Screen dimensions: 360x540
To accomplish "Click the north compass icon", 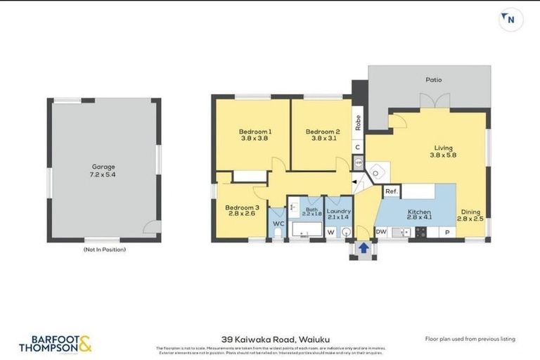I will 510,19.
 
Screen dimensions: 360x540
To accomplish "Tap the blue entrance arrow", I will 364,247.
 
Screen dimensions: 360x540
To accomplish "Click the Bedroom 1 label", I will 255,135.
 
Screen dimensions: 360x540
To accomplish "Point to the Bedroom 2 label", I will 323,135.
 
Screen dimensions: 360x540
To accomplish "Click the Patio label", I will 433,79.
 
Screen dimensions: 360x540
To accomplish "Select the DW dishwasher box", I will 381,231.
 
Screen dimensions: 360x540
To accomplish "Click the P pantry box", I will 447,232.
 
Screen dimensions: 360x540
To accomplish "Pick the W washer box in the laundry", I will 330,231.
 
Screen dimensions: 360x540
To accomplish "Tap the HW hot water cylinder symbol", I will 359,162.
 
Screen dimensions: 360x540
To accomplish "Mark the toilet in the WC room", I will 278,232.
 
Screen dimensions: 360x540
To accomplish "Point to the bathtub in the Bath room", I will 305,230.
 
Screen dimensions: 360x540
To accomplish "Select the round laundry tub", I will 345,231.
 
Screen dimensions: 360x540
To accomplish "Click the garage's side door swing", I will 148,226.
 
